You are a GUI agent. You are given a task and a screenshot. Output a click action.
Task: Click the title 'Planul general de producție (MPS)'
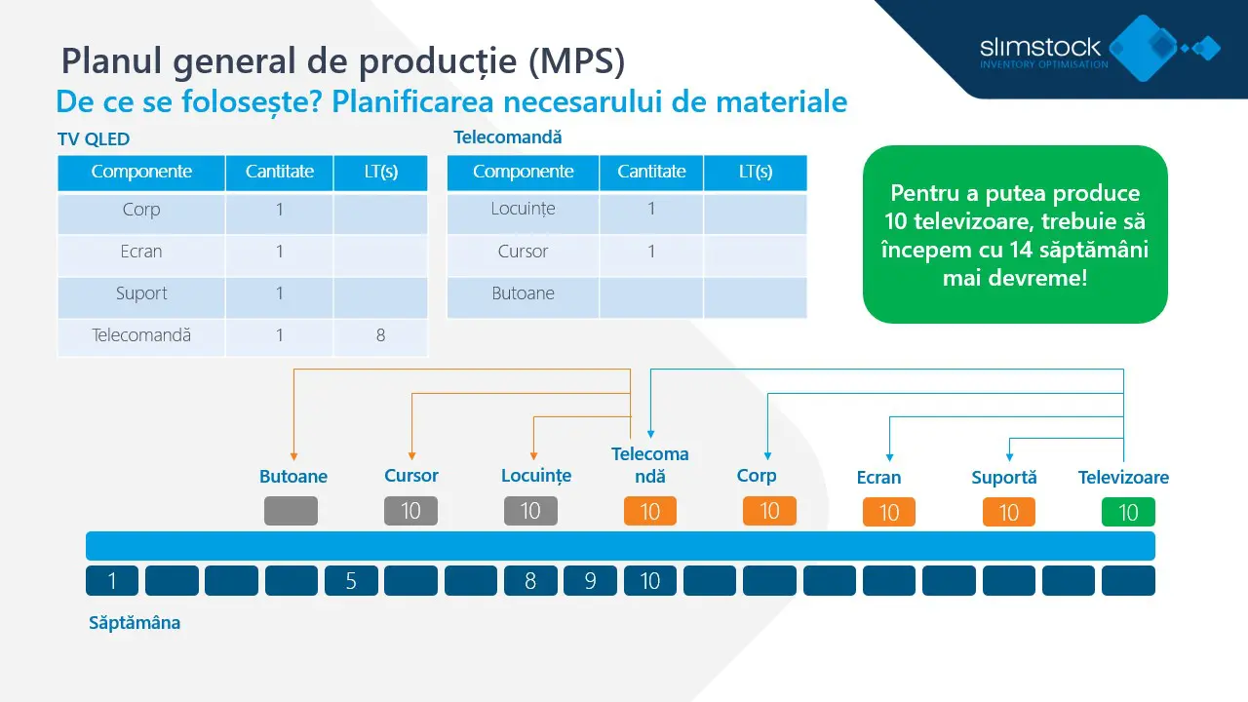tap(342, 60)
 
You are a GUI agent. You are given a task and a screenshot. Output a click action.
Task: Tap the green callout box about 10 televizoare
tap(1015, 235)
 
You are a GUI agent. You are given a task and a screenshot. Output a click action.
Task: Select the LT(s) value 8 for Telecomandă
tap(380, 335)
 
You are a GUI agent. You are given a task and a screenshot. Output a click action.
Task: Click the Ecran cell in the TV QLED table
tap(141, 252)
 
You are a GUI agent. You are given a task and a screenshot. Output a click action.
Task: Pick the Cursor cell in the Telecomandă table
tap(523, 252)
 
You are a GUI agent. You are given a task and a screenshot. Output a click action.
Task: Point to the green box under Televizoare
tap(1128, 512)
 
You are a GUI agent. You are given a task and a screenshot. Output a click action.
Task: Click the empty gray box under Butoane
tap(291, 511)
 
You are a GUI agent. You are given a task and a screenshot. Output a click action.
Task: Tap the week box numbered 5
tap(351, 581)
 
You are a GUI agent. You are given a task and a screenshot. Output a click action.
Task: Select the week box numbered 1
tap(112, 581)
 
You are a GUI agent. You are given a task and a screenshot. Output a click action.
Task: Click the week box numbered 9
tap(590, 581)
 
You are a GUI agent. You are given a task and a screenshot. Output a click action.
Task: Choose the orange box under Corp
tap(769, 511)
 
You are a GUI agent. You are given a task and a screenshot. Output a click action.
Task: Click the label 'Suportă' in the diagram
tap(1003, 478)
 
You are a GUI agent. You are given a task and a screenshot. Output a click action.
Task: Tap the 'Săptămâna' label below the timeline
tap(135, 623)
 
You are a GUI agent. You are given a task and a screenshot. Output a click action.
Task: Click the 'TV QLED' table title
tap(94, 139)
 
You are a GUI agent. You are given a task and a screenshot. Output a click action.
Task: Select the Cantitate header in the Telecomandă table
tap(651, 172)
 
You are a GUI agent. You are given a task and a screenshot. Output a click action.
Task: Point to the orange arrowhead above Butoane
tap(293, 454)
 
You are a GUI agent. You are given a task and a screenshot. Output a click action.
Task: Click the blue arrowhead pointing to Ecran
tap(888, 454)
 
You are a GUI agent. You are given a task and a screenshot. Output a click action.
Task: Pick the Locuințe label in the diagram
tap(535, 476)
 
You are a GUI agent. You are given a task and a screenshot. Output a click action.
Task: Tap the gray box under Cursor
tap(410, 511)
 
